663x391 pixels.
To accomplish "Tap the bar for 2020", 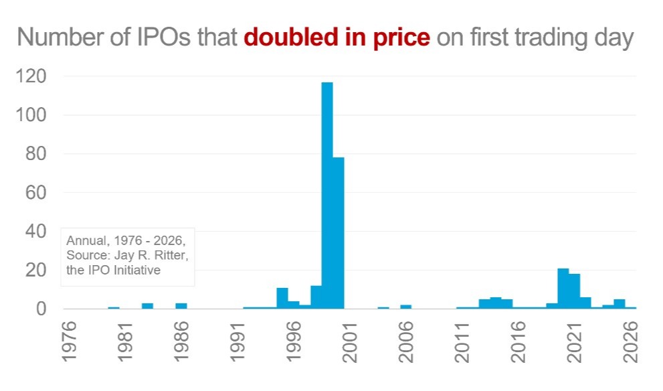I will [x=563, y=289].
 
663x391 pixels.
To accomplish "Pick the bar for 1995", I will [x=282, y=299].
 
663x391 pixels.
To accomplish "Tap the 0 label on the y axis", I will [x=40, y=309].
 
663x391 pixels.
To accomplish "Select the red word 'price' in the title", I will [x=402, y=37].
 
